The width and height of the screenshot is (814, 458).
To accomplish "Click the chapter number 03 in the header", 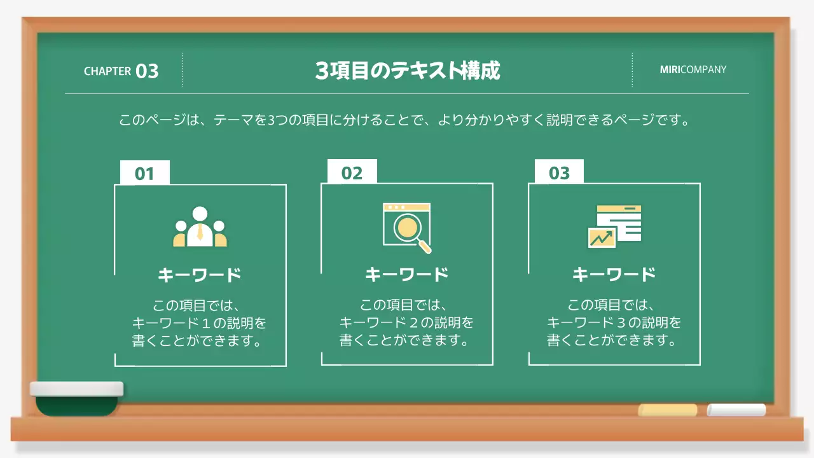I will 147,71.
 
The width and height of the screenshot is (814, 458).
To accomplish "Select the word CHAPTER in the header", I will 107,71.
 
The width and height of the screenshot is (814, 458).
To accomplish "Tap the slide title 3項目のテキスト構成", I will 408,71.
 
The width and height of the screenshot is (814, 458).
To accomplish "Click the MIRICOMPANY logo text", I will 693,69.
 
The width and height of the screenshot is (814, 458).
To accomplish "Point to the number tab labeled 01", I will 145,174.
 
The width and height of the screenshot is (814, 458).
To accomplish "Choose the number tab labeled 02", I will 352,173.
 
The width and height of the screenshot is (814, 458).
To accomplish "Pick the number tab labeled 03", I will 559,173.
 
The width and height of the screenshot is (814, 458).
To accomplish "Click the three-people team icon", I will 200,227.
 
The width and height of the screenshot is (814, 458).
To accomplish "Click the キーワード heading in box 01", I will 200,275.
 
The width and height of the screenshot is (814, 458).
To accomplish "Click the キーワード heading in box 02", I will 407,274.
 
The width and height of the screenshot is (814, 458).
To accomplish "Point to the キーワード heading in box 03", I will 614,274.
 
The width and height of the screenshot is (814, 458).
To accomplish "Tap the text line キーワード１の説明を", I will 200,323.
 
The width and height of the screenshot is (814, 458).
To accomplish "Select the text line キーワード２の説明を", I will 407,322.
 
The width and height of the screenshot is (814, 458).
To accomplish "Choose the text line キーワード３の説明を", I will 614,322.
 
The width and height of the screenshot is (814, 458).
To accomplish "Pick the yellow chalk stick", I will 667,410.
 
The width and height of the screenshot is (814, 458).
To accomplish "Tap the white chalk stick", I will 736,410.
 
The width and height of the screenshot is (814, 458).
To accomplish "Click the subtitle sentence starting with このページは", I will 404,120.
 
